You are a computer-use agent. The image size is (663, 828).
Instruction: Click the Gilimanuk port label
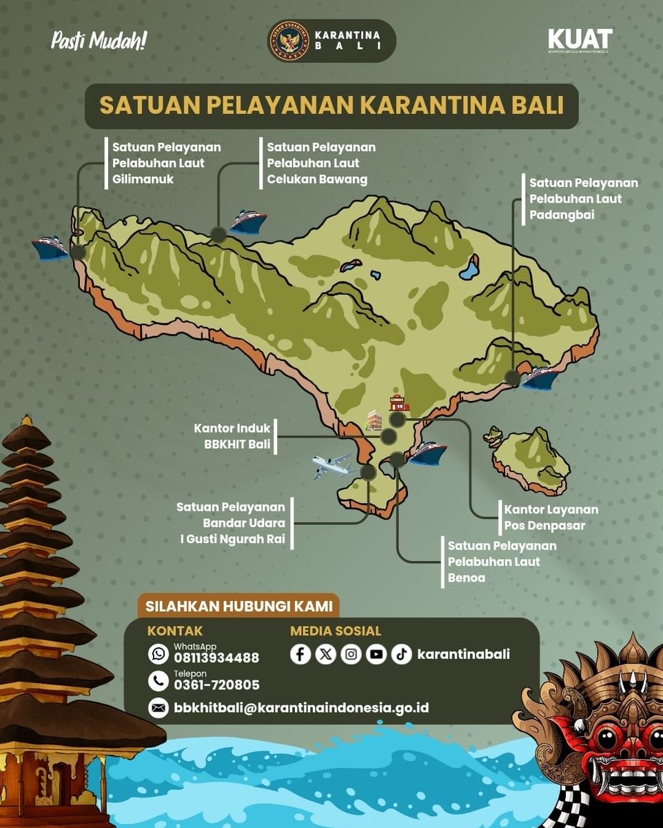[166, 163]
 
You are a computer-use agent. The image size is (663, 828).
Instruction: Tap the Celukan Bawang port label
[320, 163]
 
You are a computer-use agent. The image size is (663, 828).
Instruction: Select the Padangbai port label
[583, 199]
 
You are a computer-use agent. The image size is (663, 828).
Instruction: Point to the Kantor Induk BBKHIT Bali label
[232, 436]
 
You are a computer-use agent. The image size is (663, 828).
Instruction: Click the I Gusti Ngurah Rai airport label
[231, 523]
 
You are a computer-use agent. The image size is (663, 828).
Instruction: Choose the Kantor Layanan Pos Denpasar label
[551, 517]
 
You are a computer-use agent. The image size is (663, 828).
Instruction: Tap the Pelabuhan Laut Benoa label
[502, 562]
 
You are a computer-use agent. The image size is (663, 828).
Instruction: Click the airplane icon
[332, 466]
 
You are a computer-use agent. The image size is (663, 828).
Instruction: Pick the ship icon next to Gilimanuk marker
[50, 248]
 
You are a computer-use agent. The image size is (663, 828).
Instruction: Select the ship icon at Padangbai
[541, 378]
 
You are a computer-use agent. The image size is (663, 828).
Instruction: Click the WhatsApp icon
[159, 653]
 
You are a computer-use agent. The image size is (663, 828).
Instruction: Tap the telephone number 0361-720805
[216, 684]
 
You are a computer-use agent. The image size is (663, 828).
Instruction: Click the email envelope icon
[159, 708]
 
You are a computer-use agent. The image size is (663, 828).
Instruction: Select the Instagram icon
[351, 653]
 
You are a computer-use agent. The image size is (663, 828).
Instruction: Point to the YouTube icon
[376, 653]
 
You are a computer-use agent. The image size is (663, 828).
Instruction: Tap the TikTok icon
[402, 653]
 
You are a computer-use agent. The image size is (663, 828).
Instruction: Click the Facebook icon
[300, 653]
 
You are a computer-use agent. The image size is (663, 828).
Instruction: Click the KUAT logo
[580, 40]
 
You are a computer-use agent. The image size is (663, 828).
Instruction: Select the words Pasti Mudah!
[99, 41]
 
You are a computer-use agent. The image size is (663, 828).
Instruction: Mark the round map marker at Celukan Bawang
[218, 235]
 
